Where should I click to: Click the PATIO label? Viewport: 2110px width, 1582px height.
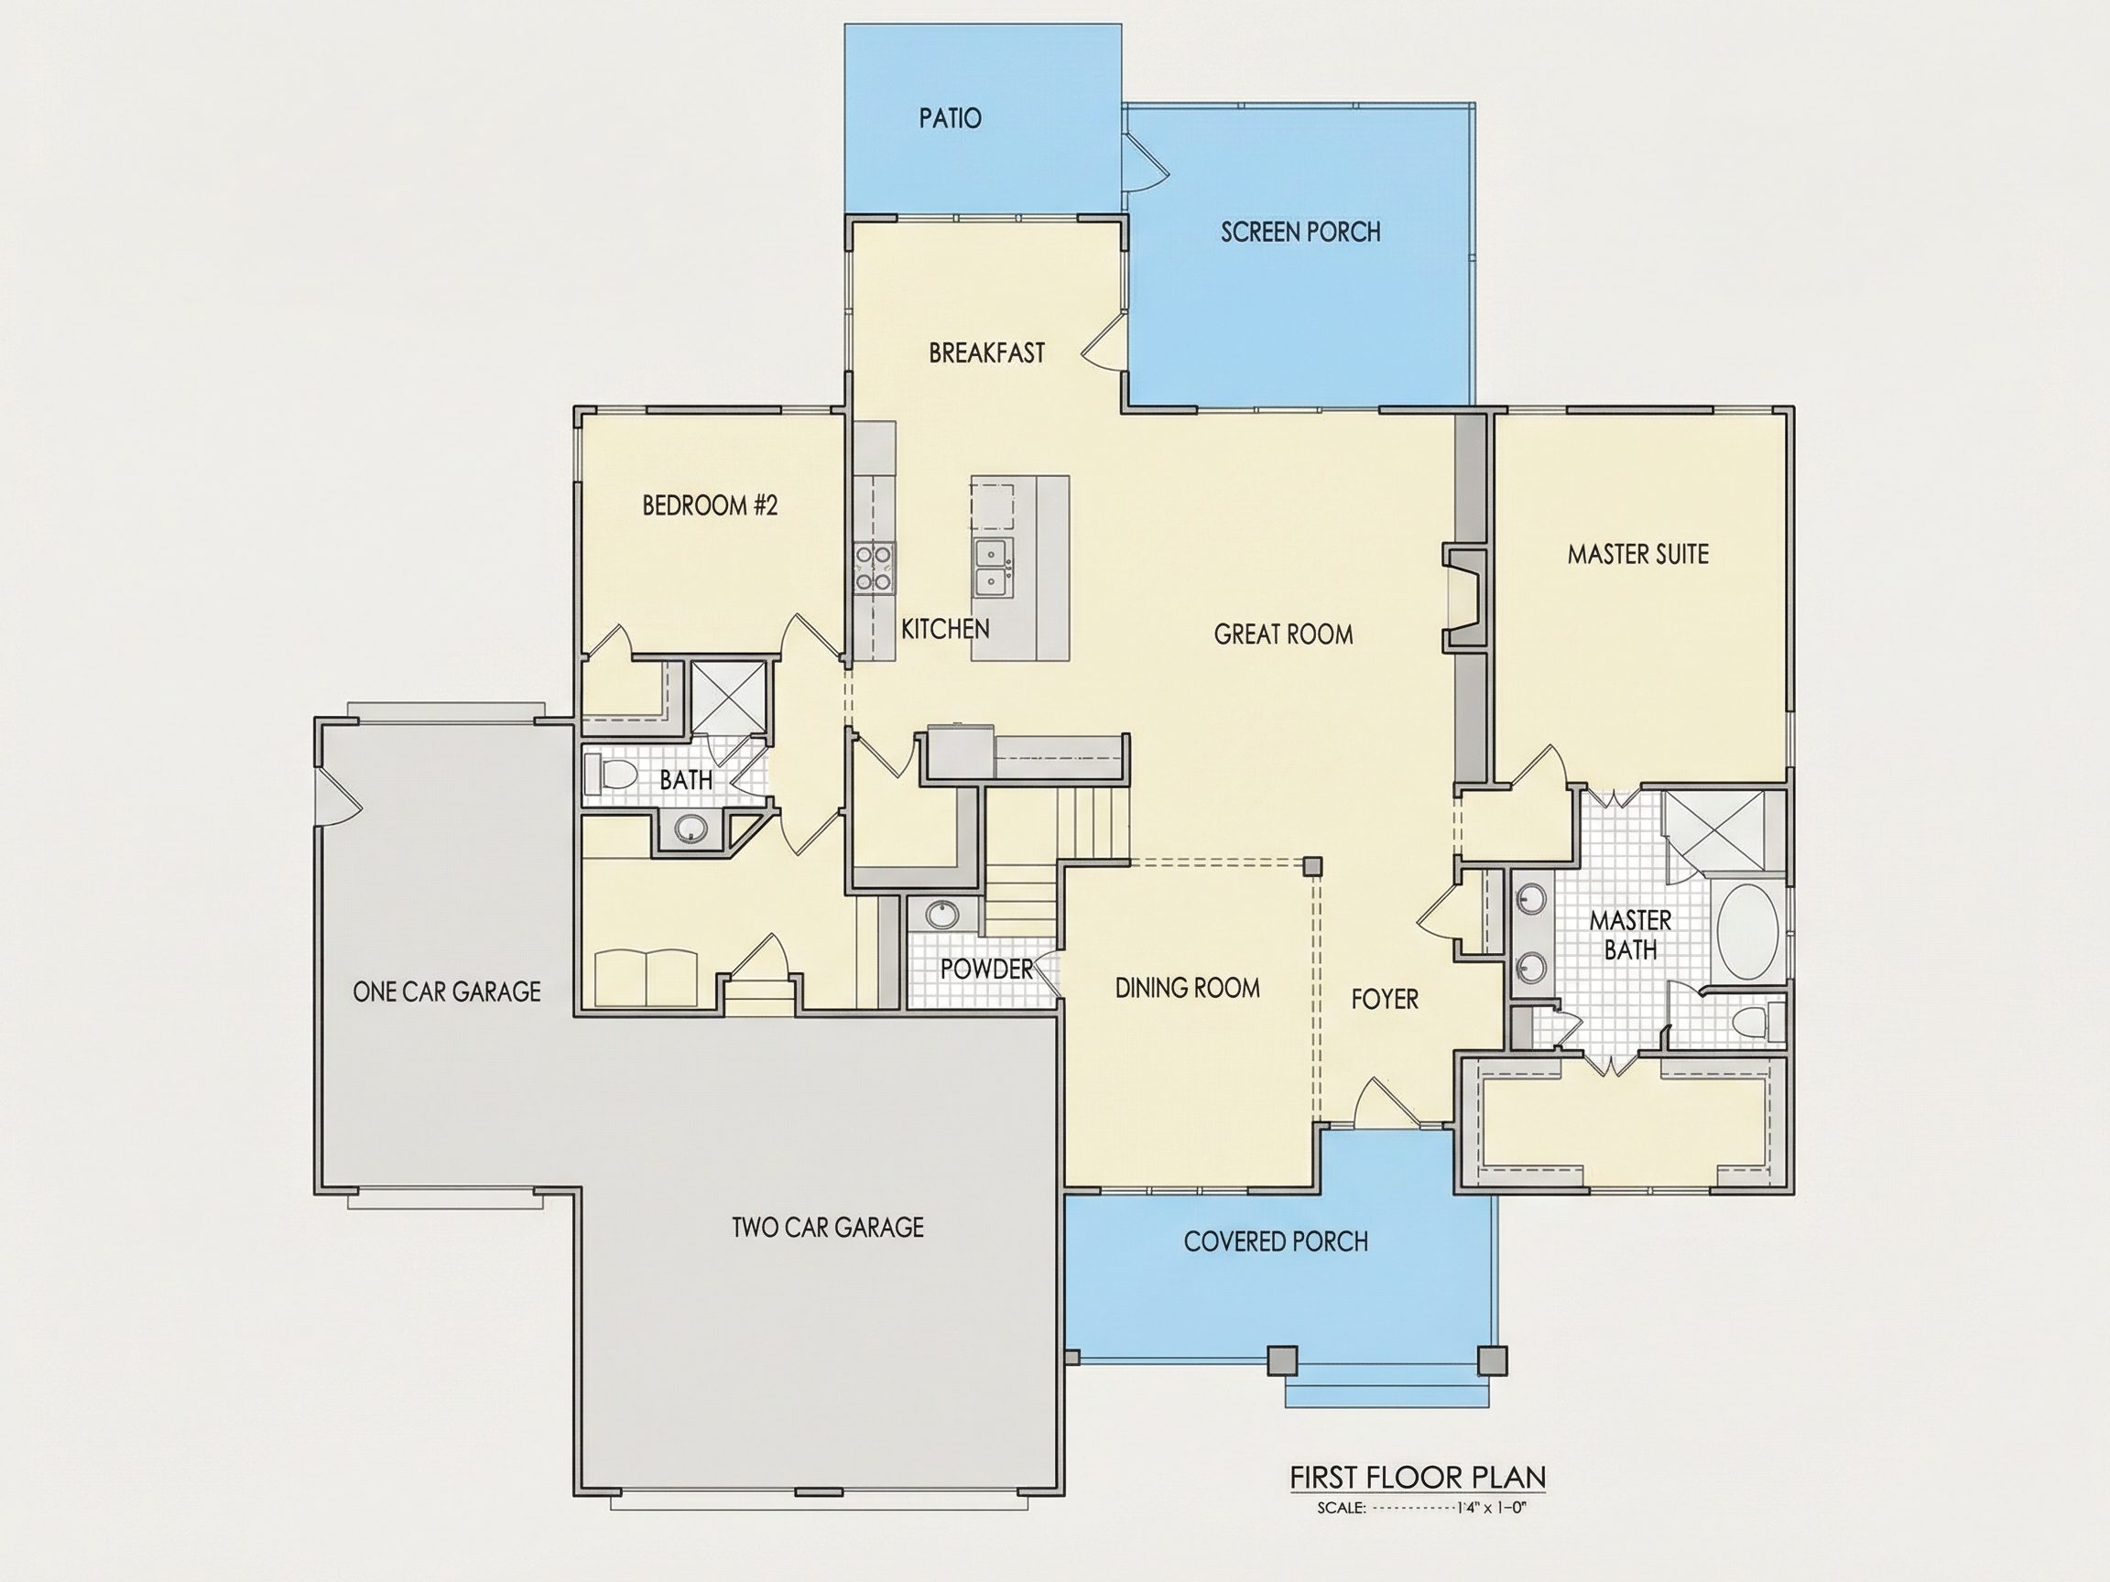pyautogui.click(x=950, y=118)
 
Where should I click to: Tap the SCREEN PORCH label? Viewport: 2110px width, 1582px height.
pyautogui.click(x=1300, y=232)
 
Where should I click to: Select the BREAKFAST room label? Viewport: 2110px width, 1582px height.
pyautogui.click(x=986, y=352)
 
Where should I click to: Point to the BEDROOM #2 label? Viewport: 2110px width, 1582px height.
pyautogui.click(x=710, y=504)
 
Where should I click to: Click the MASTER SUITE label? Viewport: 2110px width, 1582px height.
pyautogui.click(x=1637, y=554)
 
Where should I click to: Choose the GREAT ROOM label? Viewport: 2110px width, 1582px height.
pyautogui.click(x=1283, y=634)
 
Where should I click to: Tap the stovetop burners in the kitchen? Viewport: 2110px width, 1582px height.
pyautogui.click(x=874, y=568)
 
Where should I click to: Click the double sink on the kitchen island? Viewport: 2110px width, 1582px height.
pyautogui.click(x=994, y=568)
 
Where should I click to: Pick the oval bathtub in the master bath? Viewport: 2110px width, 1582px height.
pyautogui.click(x=1746, y=931)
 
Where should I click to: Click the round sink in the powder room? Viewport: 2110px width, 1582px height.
pyautogui.click(x=941, y=915)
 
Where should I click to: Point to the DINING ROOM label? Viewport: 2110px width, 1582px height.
pyautogui.click(x=1188, y=988)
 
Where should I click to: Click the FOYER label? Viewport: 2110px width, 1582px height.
pyautogui.click(x=1385, y=1000)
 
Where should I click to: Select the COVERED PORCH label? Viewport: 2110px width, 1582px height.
pyautogui.click(x=1277, y=1241)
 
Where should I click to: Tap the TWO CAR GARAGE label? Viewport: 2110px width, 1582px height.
pyautogui.click(x=828, y=1228)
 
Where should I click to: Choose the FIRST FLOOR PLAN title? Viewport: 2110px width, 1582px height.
pyautogui.click(x=1418, y=1477)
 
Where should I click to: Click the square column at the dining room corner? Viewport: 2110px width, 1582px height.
pyautogui.click(x=1313, y=866)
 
